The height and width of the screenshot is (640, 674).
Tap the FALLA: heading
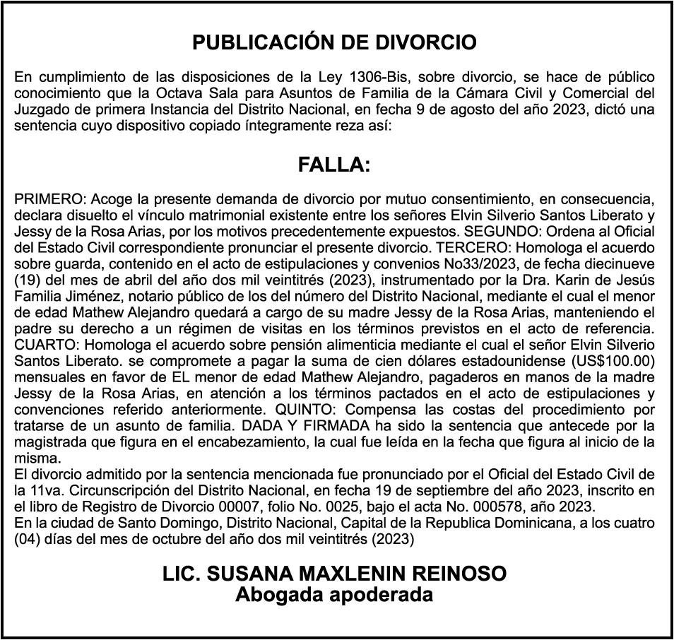[x=334, y=165]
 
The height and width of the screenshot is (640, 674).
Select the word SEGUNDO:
[x=499, y=232]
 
